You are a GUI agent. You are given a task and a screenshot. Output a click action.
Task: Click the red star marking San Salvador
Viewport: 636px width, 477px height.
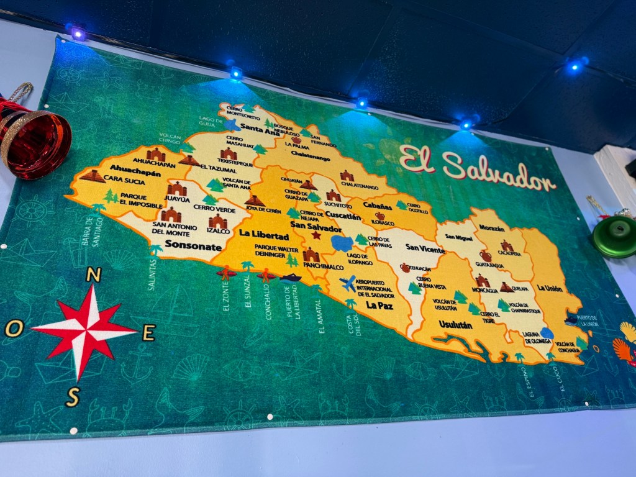316,235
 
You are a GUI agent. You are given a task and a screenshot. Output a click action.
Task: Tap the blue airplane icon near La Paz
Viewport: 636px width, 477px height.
348,283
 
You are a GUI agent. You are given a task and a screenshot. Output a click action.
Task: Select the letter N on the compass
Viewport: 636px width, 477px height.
94,275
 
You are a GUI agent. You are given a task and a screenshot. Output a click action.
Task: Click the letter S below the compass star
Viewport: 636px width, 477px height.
73,396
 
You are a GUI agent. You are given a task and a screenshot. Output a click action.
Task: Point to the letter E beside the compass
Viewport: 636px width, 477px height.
148,333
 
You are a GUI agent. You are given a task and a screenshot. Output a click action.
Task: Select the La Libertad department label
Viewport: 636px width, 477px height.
264,236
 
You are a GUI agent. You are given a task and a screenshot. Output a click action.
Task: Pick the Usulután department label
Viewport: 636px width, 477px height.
455,325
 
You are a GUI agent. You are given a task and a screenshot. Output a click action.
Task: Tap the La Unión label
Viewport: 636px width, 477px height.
549,288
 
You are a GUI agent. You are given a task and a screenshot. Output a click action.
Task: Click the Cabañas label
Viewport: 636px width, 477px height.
378,204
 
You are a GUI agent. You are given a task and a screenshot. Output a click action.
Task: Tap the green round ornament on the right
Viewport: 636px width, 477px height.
616,237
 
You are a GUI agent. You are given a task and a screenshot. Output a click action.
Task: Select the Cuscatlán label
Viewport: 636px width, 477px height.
325,217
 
